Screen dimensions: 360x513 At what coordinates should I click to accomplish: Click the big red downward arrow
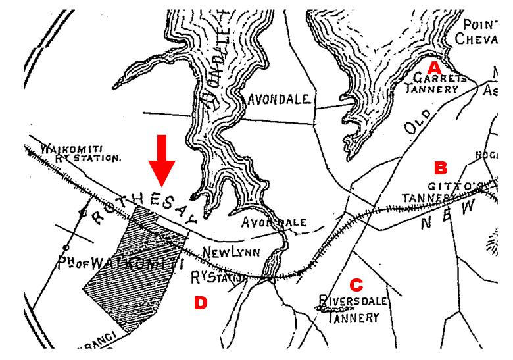[161, 161]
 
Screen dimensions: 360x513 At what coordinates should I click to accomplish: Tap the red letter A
[433, 68]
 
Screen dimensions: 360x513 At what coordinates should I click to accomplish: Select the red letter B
[440, 168]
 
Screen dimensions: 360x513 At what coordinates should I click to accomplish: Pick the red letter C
[356, 285]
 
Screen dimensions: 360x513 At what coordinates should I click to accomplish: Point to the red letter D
[200, 303]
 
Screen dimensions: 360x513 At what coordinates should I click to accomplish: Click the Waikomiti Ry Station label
[80, 153]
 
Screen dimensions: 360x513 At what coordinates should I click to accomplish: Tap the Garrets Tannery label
[439, 83]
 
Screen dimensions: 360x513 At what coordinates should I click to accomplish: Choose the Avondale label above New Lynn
[274, 222]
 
